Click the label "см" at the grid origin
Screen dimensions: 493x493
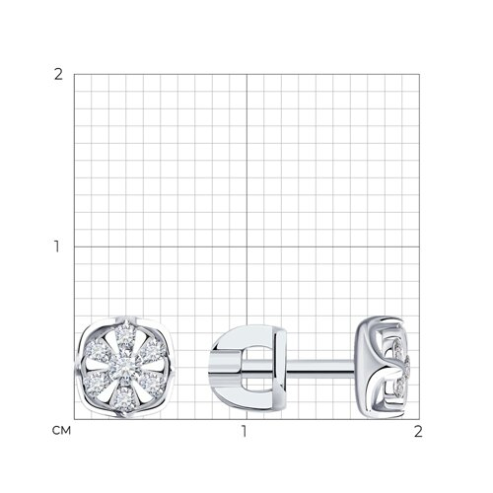click(61, 431)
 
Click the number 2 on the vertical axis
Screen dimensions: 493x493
click(58, 75)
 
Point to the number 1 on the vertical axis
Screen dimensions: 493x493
click(57, 246)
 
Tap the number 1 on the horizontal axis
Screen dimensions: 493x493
click(244, 431)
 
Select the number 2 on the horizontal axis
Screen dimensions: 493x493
click(418, 431)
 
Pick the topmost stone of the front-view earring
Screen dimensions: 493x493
click(125, 332)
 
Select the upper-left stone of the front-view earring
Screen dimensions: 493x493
click(97, 349)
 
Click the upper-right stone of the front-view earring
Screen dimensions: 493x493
click(153, 348)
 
